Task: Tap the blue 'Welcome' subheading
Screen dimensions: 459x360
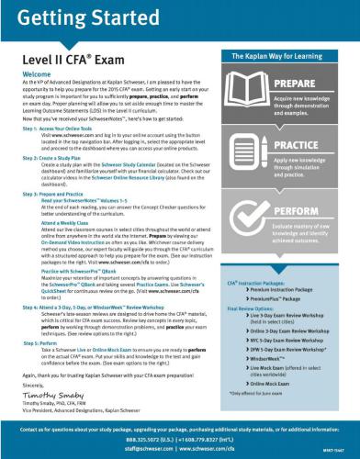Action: (37, 77)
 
